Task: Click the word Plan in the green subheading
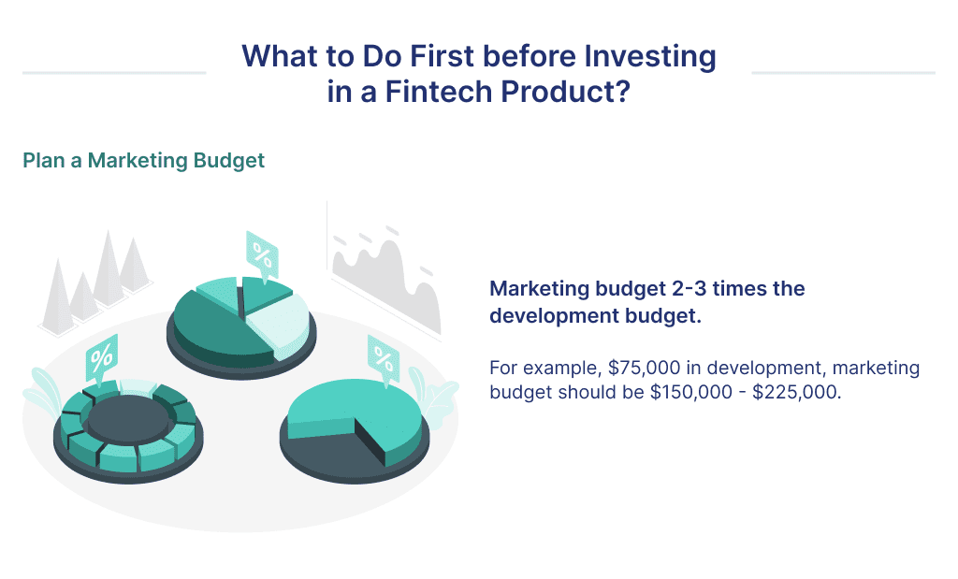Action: click(x=43, y=161)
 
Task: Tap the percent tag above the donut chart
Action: click(x=101, y=357)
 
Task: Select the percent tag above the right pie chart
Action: click(x=383, y=356)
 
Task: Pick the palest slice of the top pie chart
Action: click(x=281, y=318)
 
